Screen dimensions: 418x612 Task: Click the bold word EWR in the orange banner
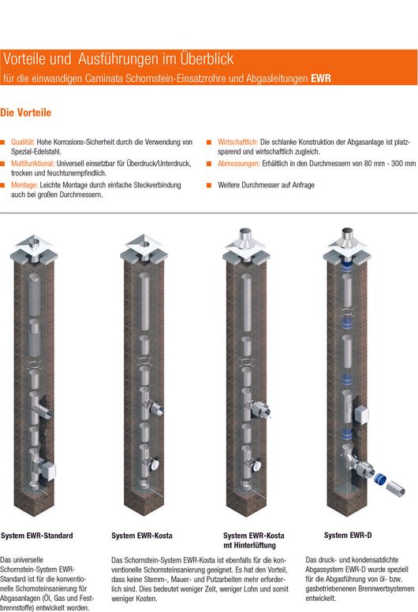coord(321,79)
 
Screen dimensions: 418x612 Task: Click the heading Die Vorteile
coord(26,113)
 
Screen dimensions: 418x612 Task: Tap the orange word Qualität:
coord(23,142)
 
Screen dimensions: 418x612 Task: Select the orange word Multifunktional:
coord(33,164)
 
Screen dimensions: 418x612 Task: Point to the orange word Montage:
coord(24,185)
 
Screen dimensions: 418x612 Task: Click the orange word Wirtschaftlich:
coord(238,142)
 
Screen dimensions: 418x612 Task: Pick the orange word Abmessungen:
coord(239,164)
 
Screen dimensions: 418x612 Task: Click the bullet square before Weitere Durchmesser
coord(209,185)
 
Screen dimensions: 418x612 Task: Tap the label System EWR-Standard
coord(37,536)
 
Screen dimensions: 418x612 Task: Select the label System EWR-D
coord(348,536)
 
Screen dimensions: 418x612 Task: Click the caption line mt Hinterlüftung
coord(250,545)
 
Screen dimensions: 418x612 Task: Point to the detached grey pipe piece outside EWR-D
coord(395,488)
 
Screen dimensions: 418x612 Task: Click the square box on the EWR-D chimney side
coord(360,416)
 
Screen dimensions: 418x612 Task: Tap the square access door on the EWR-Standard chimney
coord(48,471)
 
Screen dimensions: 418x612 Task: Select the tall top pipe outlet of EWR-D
coord(347,236)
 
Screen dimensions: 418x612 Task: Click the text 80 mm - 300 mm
coord(390,164)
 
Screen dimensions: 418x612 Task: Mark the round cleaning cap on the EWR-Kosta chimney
coord(155,465)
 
